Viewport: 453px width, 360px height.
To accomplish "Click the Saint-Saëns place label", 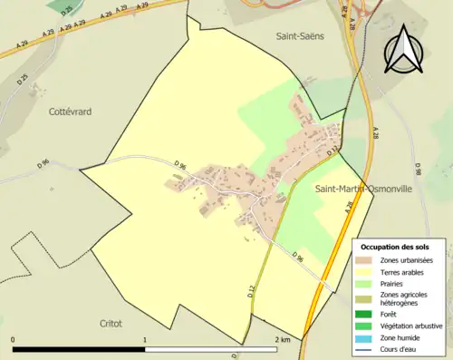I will (x=301, y=35).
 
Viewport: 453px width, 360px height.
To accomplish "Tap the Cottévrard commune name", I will (x=71, y=111).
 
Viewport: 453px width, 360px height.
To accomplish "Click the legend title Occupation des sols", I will (x=397, y=247).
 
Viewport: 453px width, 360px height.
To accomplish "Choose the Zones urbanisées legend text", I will (x=408, y=260).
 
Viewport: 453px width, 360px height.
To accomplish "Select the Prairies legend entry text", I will (x=394, y=282).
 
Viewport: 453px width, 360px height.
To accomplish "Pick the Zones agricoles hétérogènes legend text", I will (x=408, y=297).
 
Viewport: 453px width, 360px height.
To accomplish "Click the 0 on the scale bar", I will (x=14, y=339).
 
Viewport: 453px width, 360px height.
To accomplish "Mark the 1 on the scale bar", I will (x=145, y=339).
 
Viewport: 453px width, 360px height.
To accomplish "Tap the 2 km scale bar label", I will (x=282, y=339).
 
